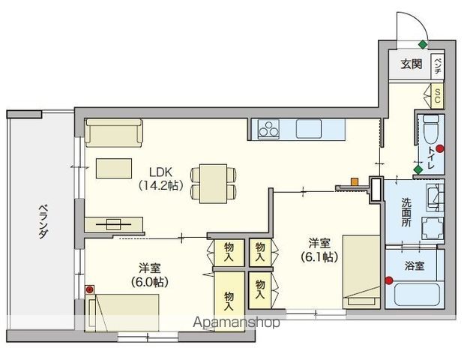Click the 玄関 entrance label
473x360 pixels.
click(412, 64)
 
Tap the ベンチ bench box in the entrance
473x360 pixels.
click(438, 67)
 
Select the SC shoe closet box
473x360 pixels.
click(438, 96)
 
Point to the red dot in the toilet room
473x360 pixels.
click(441, 148)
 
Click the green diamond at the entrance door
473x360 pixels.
click(423, 45)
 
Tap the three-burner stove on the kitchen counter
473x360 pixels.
click(268, 129)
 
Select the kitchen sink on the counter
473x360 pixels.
click(311, 129)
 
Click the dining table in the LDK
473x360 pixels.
click(214, 184)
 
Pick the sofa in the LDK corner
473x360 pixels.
click(114, 133)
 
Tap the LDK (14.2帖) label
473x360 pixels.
click(161, 179)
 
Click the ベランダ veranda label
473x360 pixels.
click(43, 222)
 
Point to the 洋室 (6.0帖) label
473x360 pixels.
click(150, 275)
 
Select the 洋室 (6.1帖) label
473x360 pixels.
click(319, 250)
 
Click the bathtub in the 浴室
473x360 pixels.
click(417, 295)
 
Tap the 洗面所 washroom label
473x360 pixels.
click(406, 212)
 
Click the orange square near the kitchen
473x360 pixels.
click(355, 182)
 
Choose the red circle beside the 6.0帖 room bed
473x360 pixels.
click(89, 289)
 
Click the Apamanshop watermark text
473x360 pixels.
click(236, 322)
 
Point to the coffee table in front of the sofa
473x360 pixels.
click(114, 168)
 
